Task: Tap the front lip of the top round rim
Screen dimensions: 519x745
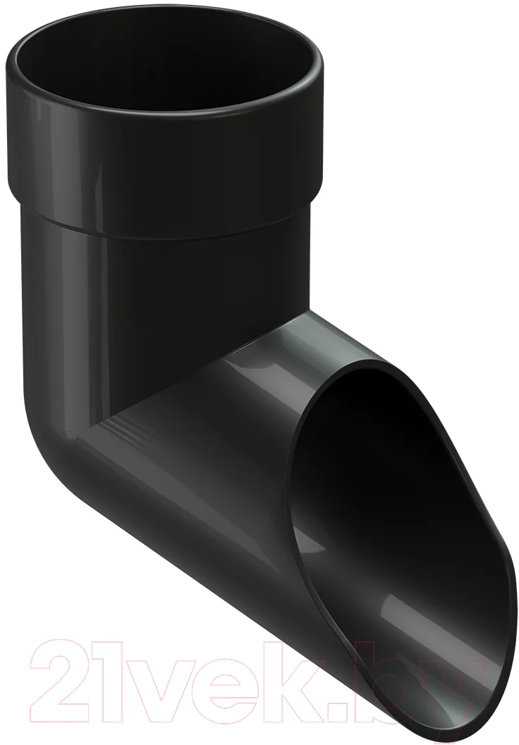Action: tap(164, 121)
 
